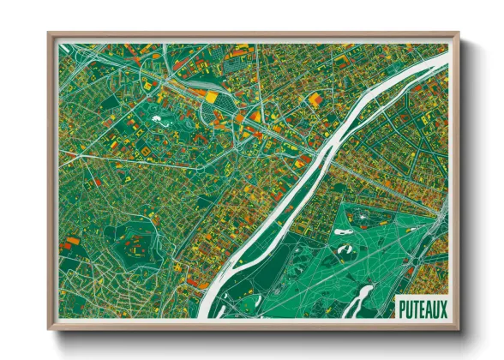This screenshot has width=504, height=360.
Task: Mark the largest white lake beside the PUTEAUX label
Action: pos(364,297)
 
